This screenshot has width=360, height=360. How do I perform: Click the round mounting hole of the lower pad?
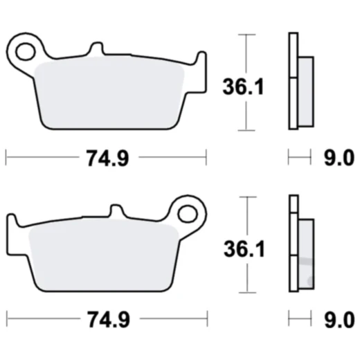point(187,208)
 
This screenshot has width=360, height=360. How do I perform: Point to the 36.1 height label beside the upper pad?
point(236,88)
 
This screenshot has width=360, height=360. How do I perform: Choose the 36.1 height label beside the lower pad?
point(236,250)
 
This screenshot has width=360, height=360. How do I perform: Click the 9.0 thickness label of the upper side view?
point(339,159)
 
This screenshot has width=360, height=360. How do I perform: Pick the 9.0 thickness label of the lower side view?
point(339,321)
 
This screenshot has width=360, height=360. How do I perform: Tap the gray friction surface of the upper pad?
point(111,93)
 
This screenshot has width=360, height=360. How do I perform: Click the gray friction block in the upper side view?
point(305,90)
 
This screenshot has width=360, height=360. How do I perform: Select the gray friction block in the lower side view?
point(305,253)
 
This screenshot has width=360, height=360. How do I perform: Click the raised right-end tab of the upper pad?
point(200,59)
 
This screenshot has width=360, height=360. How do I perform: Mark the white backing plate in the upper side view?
point(293,80)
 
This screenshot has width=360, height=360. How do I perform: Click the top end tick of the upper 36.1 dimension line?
point(243,34)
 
